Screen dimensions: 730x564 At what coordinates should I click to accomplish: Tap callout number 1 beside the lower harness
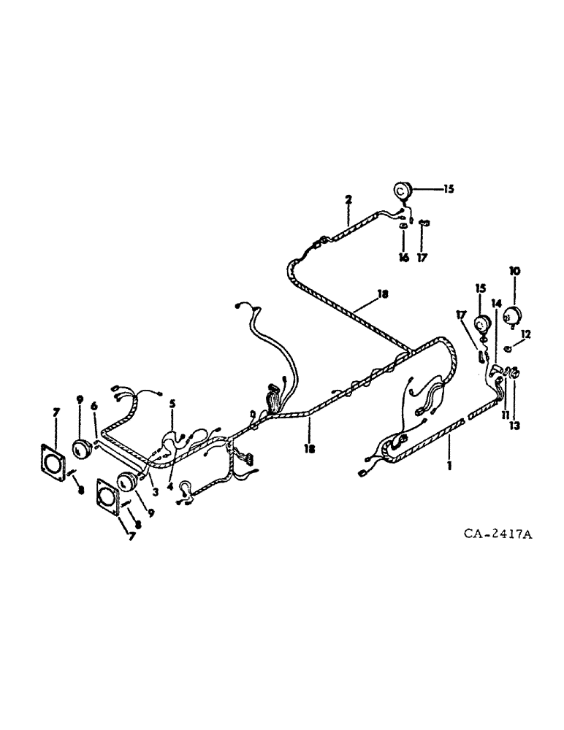(x=449, y=462)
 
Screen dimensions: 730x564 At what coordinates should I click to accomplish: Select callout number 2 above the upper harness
(x=348, y=199)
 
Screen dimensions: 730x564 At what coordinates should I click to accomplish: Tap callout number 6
(x=94, y=406)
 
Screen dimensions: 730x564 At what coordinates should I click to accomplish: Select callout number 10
(x=514, y=271)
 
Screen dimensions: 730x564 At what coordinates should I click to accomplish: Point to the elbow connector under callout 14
(x=498, y=370)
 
